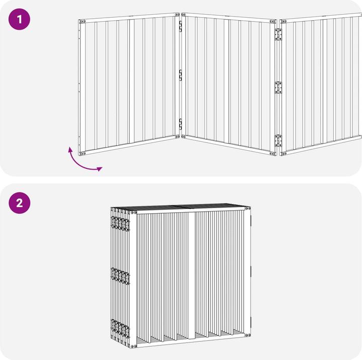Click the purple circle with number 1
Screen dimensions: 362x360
pyautogui.click(x=20, y=19)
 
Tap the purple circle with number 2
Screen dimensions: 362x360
pyautogui.click(x=20, y=203)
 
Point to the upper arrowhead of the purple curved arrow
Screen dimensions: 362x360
pyautogui.click(x=70, y=149)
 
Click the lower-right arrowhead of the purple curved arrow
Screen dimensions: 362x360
pyautogui.click(x=100, y=169)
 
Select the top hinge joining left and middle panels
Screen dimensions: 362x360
pyautogui.click(x=180, y=26)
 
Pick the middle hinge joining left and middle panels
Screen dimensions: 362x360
pyautogui.click(x=180, y=75)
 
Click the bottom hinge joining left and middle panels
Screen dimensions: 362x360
pyautogui.click(x=180, y=124)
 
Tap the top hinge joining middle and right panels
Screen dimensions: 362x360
pyautogui.click(x=278, y=34)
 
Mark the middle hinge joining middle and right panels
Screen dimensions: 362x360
pyautogui.click(x=278, y=87)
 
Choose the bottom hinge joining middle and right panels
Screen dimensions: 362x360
pyautogui.click(x=278, y=141)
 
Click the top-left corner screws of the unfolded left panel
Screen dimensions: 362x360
pyautogui.click(x=82, y=22)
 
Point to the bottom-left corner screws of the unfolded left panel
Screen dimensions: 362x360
pyautogui.click(x=82, y=153)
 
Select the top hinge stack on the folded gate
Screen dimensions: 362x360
pyautogui.click(x=120, y=224)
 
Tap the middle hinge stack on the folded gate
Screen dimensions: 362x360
pyautogui.click(x=120, y=276)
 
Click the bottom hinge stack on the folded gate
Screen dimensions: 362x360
pyautogui.click(x=120, y=328)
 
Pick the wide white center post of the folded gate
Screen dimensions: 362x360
pyautogui.click(x=192, y=276)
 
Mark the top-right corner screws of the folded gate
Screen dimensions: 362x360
pyautogui.click(x=248, y=208)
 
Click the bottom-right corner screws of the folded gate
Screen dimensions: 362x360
pyautogui.click(x=248, y=335)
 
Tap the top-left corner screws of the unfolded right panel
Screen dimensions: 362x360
pyautogui.click(x=283, y=22)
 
